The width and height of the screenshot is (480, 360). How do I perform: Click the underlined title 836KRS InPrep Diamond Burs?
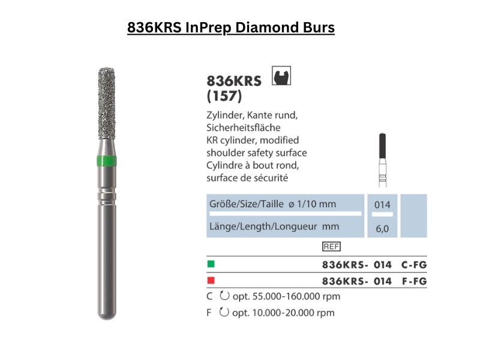click(x=231, y=28)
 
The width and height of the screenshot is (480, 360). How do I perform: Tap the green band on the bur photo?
click(x=107, y=161)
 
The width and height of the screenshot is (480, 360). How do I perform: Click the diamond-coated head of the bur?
click(x=107, y=103)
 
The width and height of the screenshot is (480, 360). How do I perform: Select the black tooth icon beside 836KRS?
click(x=281, y=76)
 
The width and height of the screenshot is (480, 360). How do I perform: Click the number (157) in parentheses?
click(x=224, y=96)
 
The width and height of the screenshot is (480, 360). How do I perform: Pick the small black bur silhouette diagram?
click(x=382, y=160)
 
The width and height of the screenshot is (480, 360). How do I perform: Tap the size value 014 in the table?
click(x=382, y=205)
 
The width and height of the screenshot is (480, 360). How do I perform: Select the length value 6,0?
click(x=382, y=229)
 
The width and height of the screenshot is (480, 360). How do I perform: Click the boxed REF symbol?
click(x=331, y=247)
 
